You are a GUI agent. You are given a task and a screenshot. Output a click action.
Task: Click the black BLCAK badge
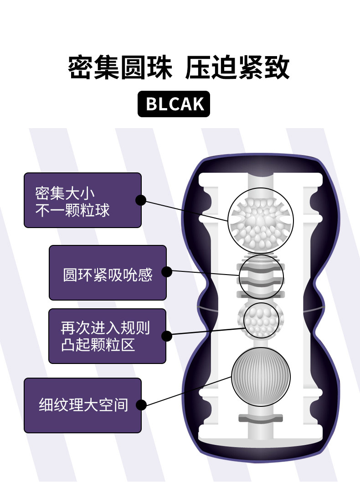point(174,104)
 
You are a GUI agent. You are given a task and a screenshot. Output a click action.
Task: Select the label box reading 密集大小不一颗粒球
point(82,200)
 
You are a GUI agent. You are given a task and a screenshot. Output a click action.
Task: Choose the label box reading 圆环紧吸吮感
point(108,273)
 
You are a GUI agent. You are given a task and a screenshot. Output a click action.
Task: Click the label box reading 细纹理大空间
point(82,405)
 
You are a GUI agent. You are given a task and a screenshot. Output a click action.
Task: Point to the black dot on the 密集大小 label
point(141,200)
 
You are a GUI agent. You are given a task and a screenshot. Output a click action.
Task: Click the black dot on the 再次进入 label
point(166,336)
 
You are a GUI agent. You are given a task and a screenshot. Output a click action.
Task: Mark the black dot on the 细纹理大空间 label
point(141,405)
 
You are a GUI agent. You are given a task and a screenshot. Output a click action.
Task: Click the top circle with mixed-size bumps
point(261,221)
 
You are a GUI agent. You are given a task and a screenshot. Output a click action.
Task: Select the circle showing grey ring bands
point(262,276)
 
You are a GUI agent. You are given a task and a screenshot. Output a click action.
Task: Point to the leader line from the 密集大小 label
point(187,210)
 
